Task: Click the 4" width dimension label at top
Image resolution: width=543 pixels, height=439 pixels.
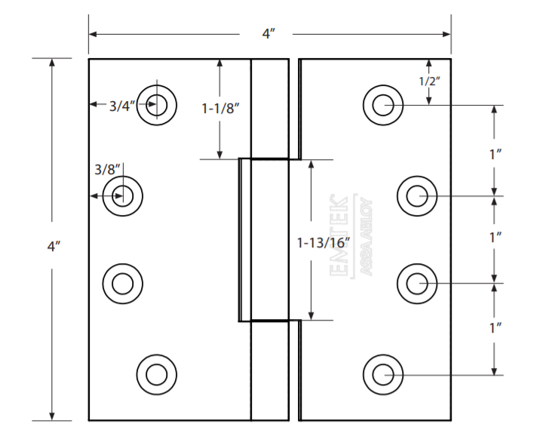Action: pos(268,34)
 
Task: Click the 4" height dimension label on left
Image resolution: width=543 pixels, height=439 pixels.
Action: pos(54,247)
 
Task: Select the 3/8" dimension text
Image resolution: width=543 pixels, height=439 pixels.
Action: pos(107,170)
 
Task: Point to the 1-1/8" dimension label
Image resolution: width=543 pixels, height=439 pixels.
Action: pos(220,109)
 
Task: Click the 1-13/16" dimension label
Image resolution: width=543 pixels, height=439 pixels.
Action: pos(324,243)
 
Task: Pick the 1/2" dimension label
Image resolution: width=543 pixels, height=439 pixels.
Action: pos(429,81)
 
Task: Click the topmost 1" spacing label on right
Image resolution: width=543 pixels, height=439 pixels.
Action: pos(495,154)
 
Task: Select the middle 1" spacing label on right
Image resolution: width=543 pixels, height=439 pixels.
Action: pos(495,238)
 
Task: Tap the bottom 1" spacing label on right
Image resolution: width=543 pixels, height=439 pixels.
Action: pos(495,328)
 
